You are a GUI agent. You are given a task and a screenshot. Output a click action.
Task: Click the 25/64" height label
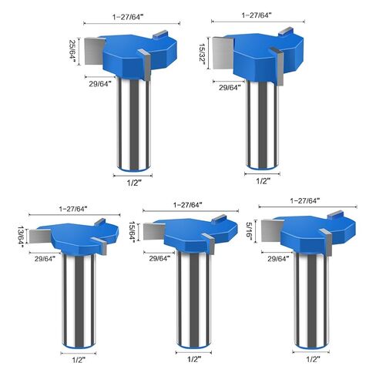pyautogui.click(x=72, y=52)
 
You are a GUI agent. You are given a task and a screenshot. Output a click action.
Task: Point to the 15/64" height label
pyautogui.click(x=133, y=232)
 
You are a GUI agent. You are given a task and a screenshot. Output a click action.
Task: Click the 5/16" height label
pyautogui.click(x=249, y=231)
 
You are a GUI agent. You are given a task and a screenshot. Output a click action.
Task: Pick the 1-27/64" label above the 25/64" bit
pyautogui.click(x=128, y=17)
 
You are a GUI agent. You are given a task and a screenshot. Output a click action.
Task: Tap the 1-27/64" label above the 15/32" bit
pyautogui.click(x=257, y=15)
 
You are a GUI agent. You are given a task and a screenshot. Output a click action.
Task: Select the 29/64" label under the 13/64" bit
pyautogui.click(x=45, y=259)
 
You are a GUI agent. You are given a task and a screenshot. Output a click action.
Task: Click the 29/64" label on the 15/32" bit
pyautogui.click(x=230, y=88)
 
